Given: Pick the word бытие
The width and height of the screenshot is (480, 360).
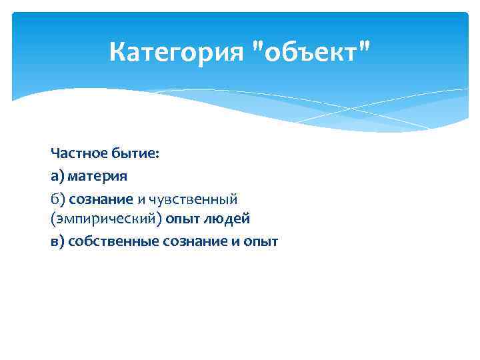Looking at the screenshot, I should coord(133,155).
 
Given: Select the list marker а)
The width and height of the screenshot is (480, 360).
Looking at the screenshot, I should coord(57,177).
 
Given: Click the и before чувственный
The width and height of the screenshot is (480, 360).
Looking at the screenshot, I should coord(142,199).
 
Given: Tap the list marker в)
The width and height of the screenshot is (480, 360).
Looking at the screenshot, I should coord(57,241).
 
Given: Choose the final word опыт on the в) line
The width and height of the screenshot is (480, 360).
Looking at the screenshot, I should coord(261,241).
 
